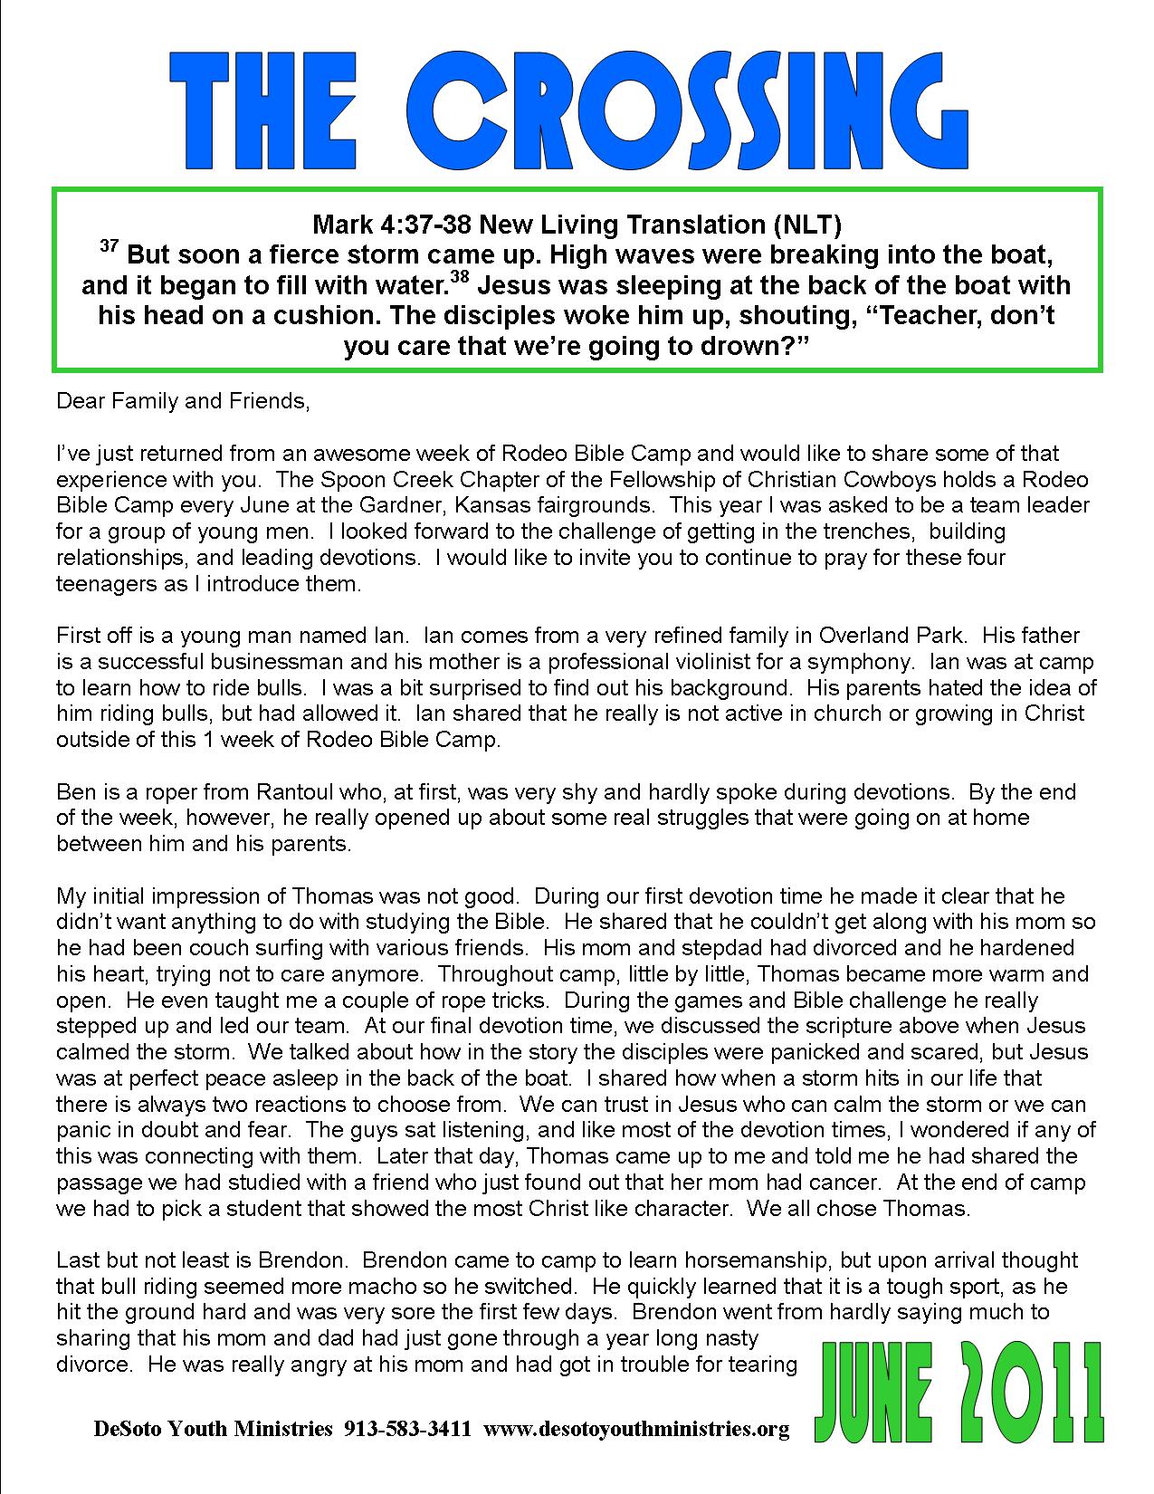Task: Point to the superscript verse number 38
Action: (x=460, y=278)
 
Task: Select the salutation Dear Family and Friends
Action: (x=183, y=400)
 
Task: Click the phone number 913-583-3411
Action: (x=407, y=1430)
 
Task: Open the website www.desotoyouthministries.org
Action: (x=637, y=1430)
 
